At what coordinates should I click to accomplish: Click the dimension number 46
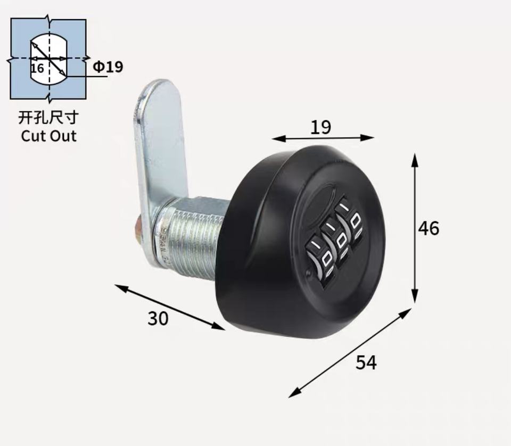point(428,228)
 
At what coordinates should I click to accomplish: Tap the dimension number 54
point(366,362)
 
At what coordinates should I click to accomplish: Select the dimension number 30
point(158,318)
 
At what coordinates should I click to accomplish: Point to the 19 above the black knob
point(321,127)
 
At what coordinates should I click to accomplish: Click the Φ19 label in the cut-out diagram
point(108,67)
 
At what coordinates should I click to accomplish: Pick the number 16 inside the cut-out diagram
point(37,68)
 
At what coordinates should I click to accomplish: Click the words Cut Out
point(48,136)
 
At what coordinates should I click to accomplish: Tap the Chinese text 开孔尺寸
point(48,118)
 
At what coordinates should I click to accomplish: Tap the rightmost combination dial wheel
point(353,223)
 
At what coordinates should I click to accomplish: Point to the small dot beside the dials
point(308,274)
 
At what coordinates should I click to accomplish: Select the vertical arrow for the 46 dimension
point(415,229)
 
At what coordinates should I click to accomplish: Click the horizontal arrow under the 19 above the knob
point(323,138)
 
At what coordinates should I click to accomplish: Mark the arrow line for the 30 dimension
point(170,307)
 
